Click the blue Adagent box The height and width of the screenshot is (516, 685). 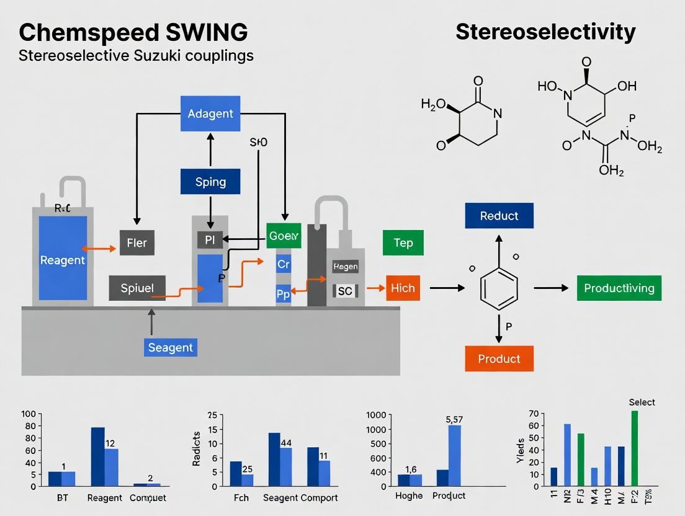[210, 113]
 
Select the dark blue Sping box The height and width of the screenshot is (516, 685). [210, 182]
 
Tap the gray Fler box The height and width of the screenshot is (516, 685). [137, 242]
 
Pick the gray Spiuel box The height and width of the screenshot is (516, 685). [137, 288]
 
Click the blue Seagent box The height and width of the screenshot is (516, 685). [171, 347]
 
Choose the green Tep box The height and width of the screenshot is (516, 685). [403, 242]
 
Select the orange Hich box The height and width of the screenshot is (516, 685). [403, 288]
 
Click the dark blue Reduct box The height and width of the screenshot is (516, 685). [499, 216]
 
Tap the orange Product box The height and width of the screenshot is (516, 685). [499, 358]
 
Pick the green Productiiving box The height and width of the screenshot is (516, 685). [619, 288]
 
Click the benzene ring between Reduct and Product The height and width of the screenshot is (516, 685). [499, 288]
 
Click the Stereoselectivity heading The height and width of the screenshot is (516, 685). [545, 32]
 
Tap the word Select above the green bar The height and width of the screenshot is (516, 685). [642, 402]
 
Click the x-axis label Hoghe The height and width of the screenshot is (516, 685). [409, 496]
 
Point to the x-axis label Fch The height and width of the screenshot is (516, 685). [241, 497]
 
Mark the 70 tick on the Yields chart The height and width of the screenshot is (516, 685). [533, 414]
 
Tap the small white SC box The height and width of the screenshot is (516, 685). [345, 290]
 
